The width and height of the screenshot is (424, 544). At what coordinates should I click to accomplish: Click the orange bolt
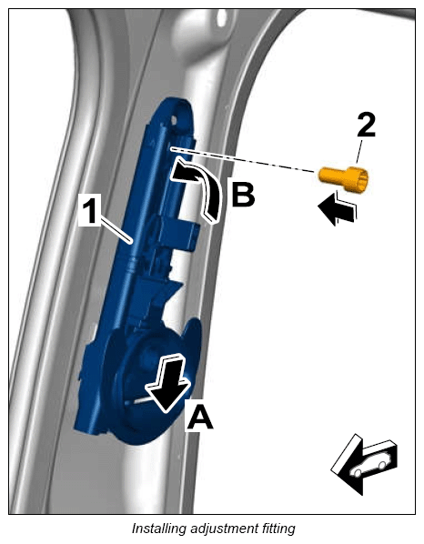pos(343,178)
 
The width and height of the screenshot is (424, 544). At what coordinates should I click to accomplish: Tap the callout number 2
pos(366,126)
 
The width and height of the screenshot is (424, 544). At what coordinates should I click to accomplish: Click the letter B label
pos(243,192)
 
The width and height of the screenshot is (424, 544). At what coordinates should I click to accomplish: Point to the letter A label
pos(200,417)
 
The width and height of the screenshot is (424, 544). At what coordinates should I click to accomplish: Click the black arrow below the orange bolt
pos(337,208)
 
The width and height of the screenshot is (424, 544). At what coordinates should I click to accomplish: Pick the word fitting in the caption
pos(278,529)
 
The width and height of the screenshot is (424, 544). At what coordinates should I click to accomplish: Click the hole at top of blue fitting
pos(174,120)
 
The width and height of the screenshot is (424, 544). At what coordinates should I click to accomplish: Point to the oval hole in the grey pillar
pos(221,17)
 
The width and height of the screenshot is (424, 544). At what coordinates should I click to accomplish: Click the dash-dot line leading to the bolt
pos(243,160)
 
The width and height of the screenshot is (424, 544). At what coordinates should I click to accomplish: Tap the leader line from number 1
pos(115,228)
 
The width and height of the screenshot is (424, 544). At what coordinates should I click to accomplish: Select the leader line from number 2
pos(359,152)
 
